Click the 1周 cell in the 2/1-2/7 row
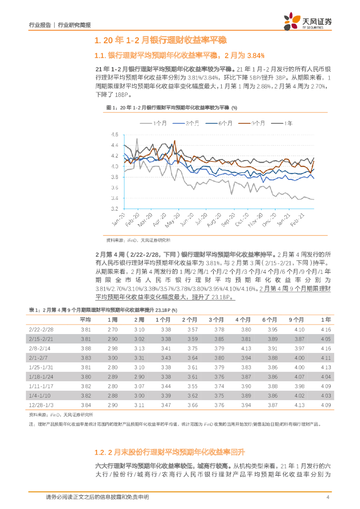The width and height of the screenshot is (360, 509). pyautogui.click(x=112, y=357)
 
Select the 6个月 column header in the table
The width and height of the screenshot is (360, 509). pyautogui.click(x=271, y=320)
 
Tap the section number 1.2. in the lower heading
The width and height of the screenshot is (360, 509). pyautogui.click(x=101, y=452)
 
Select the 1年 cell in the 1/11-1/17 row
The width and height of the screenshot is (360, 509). pyautogui.click(x=326, y=386)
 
